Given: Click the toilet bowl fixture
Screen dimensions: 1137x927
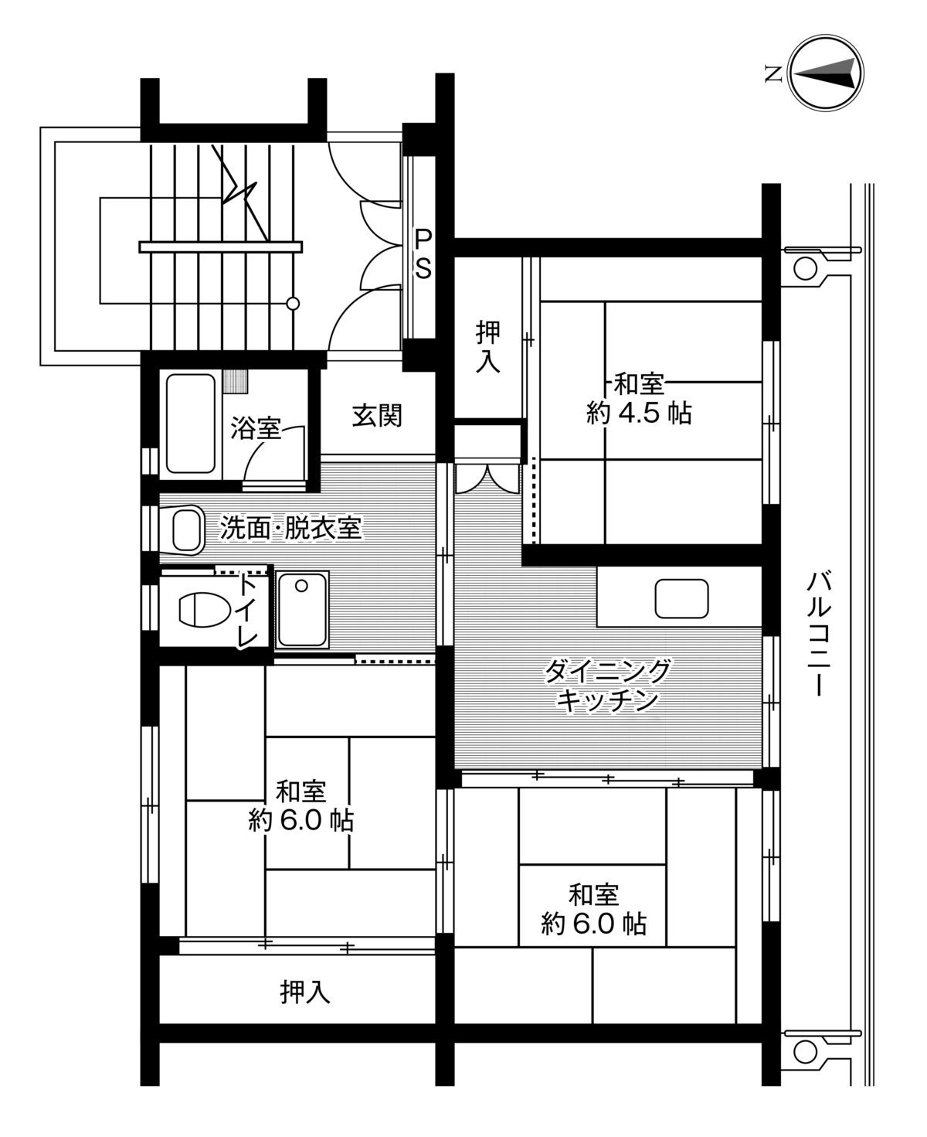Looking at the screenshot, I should click(x=203, y=608).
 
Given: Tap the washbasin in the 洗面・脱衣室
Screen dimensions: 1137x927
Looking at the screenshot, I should click(x=185, y=530).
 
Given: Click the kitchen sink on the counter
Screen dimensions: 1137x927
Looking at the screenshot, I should click(x=681, y=598).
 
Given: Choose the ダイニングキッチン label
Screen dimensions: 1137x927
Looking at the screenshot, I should click(x=606, y=685).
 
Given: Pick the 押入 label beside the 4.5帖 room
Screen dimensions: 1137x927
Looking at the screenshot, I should click(x=487, y=348).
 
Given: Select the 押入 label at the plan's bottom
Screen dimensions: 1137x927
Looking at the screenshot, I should click(x=305, y=992).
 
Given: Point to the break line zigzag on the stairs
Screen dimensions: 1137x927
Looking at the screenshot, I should click(x=237, y=186).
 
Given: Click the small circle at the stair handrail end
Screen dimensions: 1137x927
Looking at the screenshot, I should click(x=293, y=304).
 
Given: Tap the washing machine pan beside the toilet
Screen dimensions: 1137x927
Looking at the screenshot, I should click(x=303, y=609).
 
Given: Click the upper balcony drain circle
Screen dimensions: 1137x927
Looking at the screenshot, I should click(x=804, y=268).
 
